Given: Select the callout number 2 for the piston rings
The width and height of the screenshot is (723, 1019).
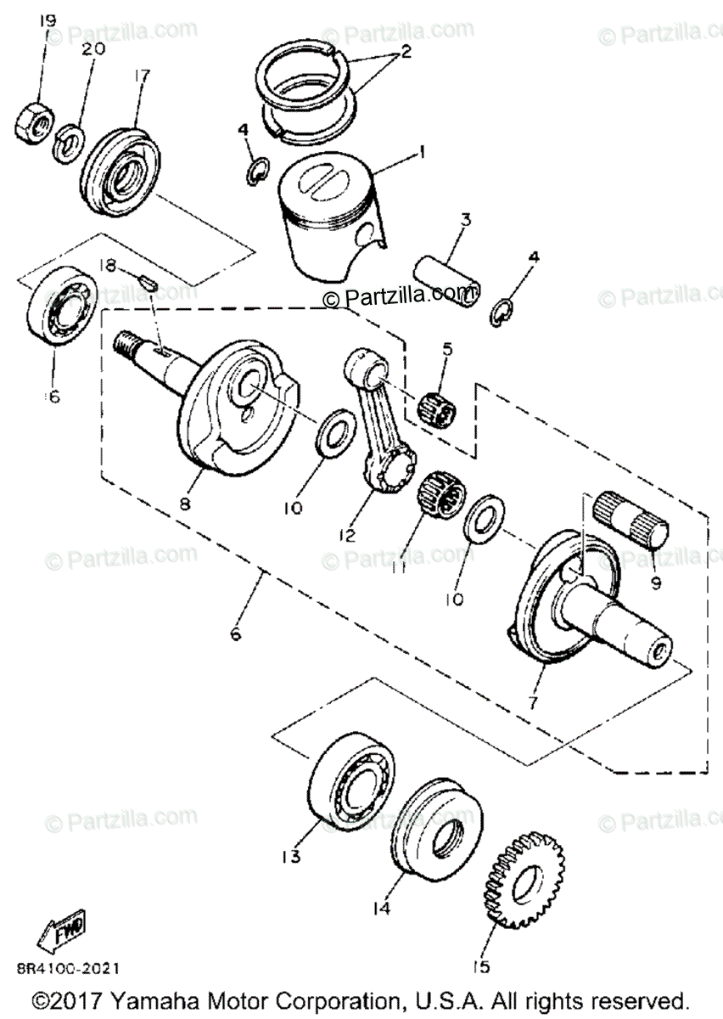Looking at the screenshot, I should (x=405, y=52).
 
